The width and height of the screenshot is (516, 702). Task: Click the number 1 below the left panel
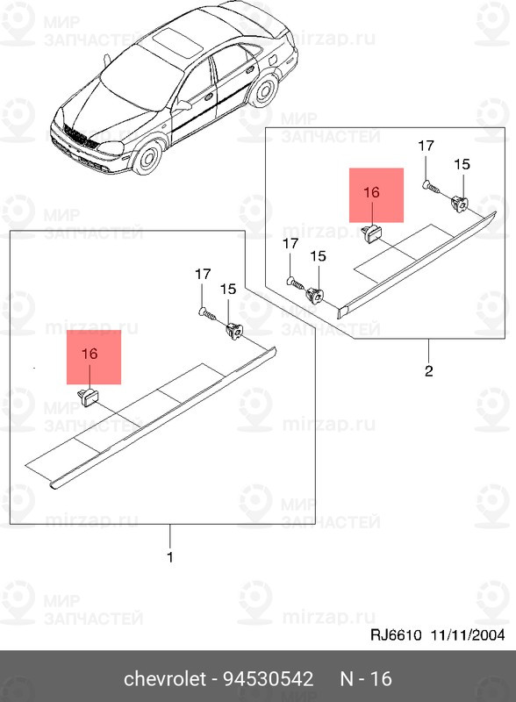pos(169,557)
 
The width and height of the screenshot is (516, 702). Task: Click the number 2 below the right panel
pos(428,370)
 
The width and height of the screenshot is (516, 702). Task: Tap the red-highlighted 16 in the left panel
pos(90,354)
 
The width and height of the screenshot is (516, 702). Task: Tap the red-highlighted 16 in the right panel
pos(372,192)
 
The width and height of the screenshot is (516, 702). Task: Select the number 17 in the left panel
pos(203,274)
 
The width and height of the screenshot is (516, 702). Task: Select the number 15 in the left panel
pos(228,289)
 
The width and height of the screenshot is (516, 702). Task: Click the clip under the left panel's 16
pos(88,397)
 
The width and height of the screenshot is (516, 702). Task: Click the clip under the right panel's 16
pos(370,233)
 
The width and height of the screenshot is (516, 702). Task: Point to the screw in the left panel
pos(207,313)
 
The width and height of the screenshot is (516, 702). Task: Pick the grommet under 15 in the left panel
pos(233,332)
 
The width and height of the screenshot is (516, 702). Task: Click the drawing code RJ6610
pos(396,634)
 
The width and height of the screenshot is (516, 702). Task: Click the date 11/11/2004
pos(468,634)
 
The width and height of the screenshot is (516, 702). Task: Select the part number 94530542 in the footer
pos(269,678)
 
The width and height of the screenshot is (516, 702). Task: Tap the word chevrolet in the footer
pos(165,678)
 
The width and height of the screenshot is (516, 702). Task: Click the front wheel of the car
pos(148,157)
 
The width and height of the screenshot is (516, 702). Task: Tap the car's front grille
pos(81,137)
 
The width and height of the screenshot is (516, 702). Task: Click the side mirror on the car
pos(183,105)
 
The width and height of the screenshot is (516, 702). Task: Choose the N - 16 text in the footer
pos(366,678)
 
